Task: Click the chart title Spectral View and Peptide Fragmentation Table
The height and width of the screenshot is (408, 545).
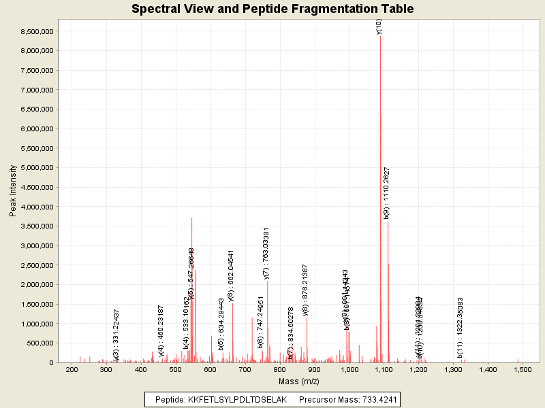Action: [272, 9]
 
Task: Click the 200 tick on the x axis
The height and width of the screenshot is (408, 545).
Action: [72, 369]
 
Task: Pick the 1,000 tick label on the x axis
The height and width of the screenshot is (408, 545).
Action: [349, 369]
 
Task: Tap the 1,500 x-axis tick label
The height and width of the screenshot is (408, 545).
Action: [523, 369]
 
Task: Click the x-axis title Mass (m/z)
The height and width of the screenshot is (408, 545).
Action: [298, 381]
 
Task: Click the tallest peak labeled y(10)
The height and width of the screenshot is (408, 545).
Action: [380, 136]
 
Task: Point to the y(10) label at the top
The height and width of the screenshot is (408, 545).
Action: [379, 27]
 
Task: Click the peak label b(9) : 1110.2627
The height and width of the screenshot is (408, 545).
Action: [387, 193]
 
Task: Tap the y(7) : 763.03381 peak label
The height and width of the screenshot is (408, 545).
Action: [266, 254]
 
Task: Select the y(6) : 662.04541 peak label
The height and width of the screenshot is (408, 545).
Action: [232, 275]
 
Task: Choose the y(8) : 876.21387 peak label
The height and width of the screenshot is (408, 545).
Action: [306, 290]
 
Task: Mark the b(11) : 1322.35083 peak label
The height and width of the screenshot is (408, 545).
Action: [461, 327]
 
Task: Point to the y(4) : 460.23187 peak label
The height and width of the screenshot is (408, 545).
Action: [161, 330]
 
